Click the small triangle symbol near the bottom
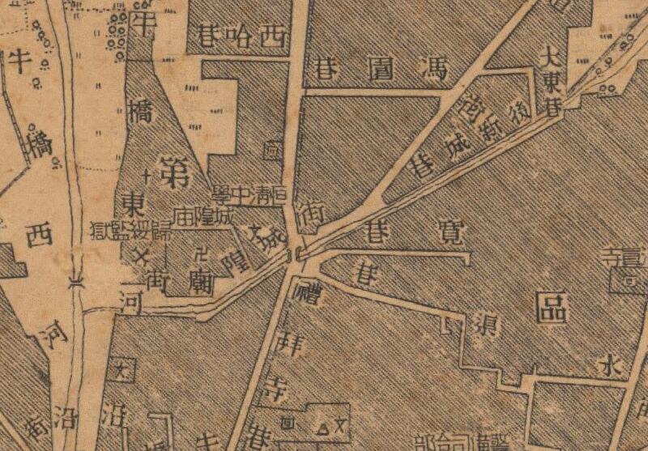[x=322, y=423]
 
